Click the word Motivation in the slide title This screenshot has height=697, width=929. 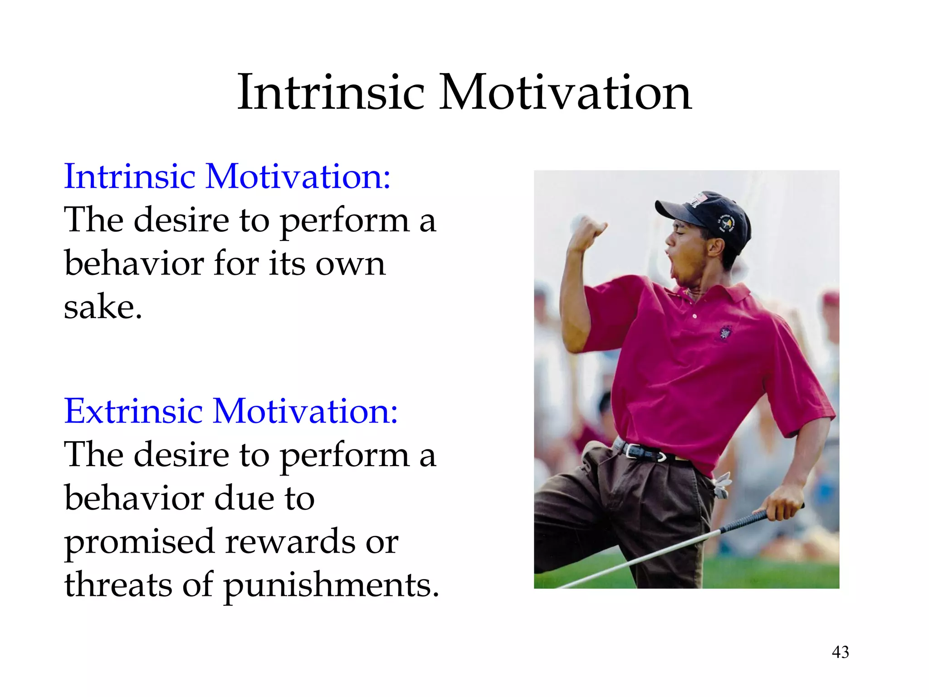pyautogui.click(x=565, y=93)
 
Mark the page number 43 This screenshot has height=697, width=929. pyautogui.click(x=840, y=652)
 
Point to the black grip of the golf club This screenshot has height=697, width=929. pyautogui.click(x=748, y=520)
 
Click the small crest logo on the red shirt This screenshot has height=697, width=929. pyautogui.click(x=725, y=334)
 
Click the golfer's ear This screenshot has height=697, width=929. pyautogui.click(x=715, y=247)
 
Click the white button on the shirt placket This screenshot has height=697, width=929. pyautogui.click(x=694, y=316)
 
